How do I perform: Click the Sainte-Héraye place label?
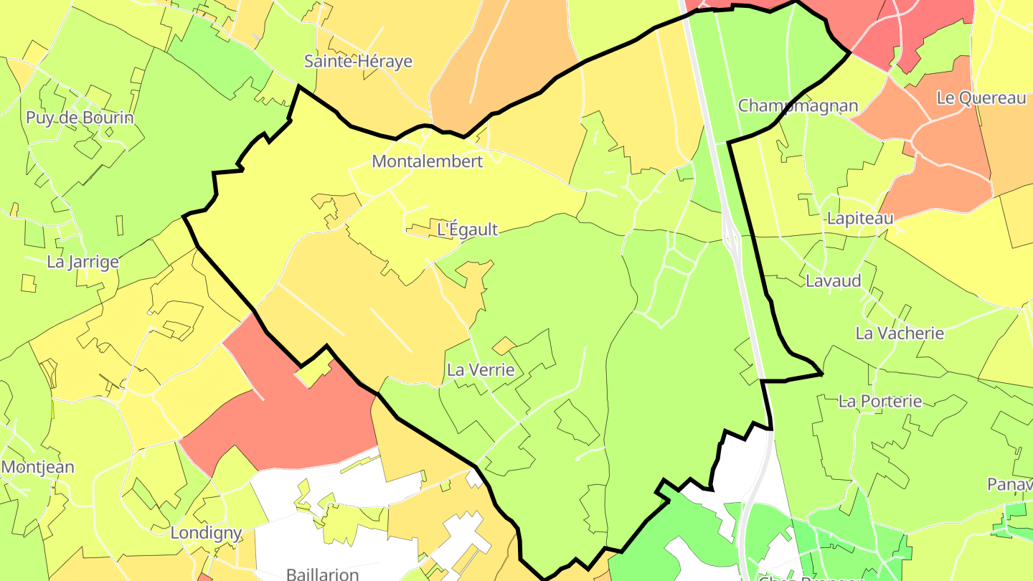click(358, 61)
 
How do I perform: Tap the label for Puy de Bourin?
click(80, 118)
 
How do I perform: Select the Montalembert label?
click(427, 161)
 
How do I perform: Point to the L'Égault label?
click(467, 230)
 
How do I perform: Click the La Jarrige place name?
click(82, 262)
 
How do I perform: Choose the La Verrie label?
click(481, 370)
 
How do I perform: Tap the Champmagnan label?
click(798, 106)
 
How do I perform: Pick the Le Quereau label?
click(981, 98)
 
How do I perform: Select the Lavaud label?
click(833, 280)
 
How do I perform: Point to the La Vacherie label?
click(900, 333)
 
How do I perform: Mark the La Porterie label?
click(879, 401)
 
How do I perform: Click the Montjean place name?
click(37, 468)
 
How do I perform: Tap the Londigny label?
click(205, 533)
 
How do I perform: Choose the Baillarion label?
click(322, 574)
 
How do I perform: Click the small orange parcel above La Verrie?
click(503, 346)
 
